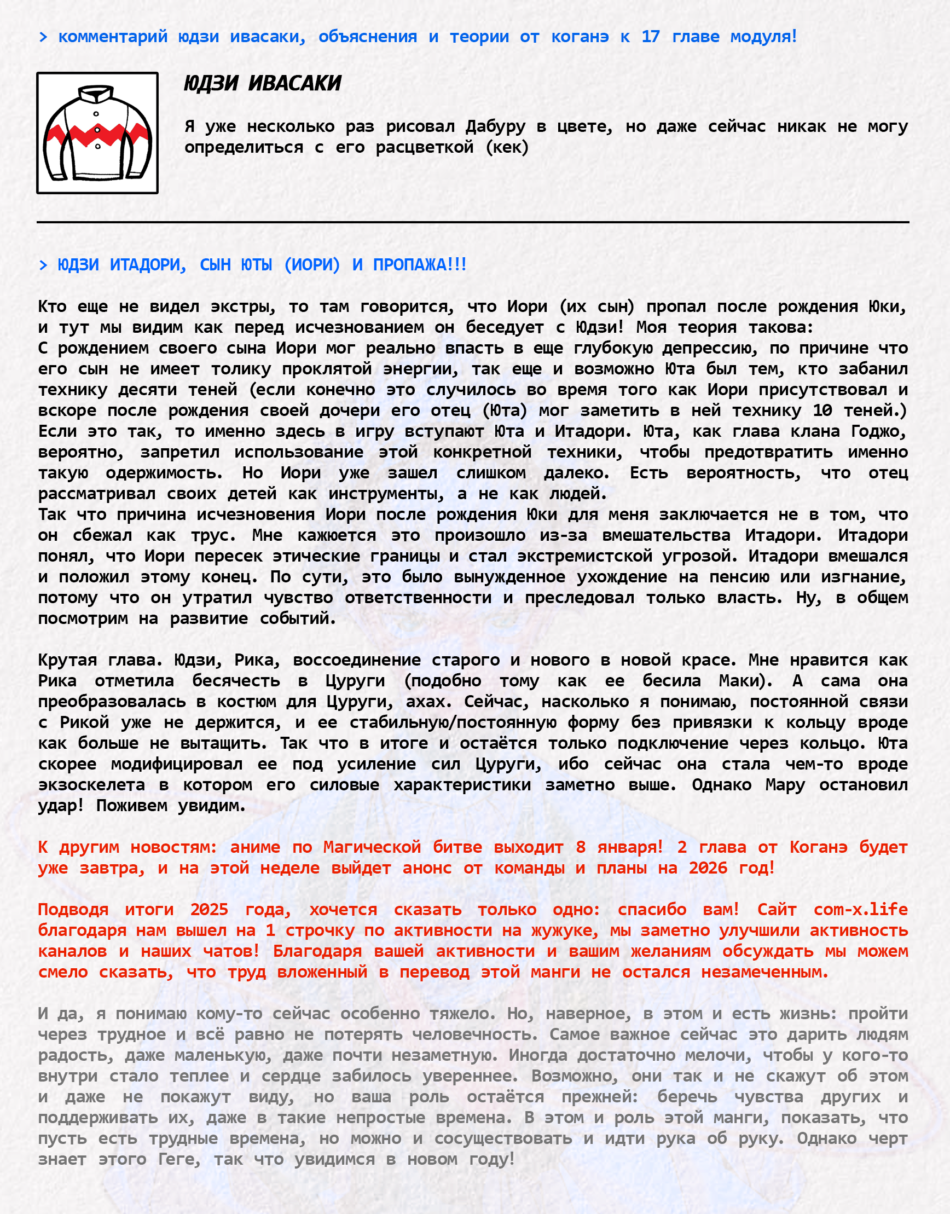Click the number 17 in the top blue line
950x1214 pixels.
click(x=650, y=37)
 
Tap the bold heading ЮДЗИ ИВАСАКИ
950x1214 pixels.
click(x=262, y=83)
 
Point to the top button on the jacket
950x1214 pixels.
click(x=96, y=114)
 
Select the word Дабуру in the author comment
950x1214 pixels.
click(x=495, y=126)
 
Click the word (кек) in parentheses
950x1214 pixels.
click(x=507, y=147)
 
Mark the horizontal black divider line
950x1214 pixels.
click(x=473, y=222)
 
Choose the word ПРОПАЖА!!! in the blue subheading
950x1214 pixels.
click(x=419, y=265)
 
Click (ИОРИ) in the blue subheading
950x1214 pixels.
click(x=311, y=265)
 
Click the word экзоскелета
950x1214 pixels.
click(x=91, y=785)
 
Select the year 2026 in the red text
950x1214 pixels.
click(x=708, y=868)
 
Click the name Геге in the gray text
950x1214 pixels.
click(x=178, y=1159)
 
